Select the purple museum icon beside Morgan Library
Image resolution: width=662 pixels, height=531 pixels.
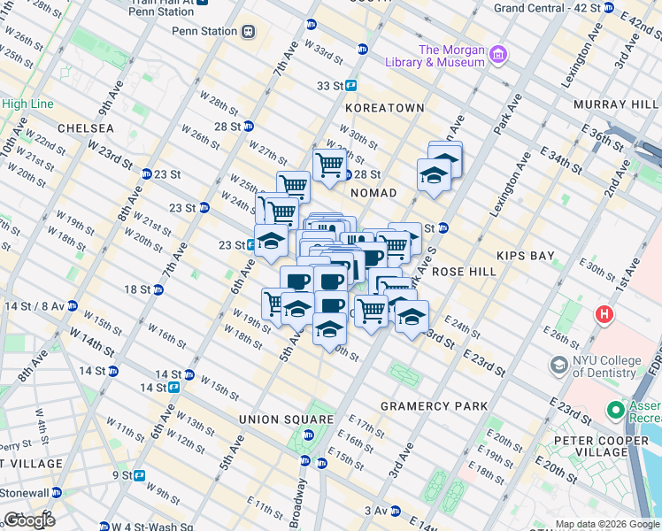[498, 56]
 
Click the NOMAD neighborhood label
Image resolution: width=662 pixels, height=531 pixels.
[373, 192]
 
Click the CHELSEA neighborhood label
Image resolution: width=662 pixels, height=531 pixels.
[85, 128]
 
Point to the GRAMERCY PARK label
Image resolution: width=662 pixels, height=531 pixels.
[434, 406]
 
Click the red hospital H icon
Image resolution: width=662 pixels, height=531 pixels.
[604, 313]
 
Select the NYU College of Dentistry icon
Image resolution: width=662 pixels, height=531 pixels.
[558, 365]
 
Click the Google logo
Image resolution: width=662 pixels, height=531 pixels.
[29, 519]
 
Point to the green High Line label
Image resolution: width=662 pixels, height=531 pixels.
[27, 104]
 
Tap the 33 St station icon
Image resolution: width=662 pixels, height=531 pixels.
[351, 86]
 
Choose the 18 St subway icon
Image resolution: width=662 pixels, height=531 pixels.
[158, 289]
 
